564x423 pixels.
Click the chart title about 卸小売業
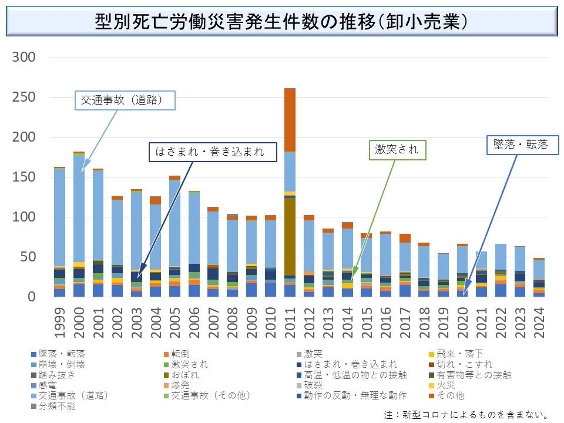(x=281, y=22)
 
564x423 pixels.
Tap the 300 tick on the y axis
(x=24, y=57)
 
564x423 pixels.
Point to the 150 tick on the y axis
(x=24, y=177)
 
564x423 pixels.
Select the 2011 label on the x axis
(x=290, y=323)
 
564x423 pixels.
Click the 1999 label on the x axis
(x=59, y=323)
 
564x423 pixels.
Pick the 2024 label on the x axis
(x=539, y=323)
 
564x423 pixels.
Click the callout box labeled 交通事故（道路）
(x=126, y=101)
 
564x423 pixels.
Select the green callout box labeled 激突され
(x=397, y=150)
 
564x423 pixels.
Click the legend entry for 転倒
(x=181, y=354)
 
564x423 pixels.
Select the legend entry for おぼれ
(x=184, y=375)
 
